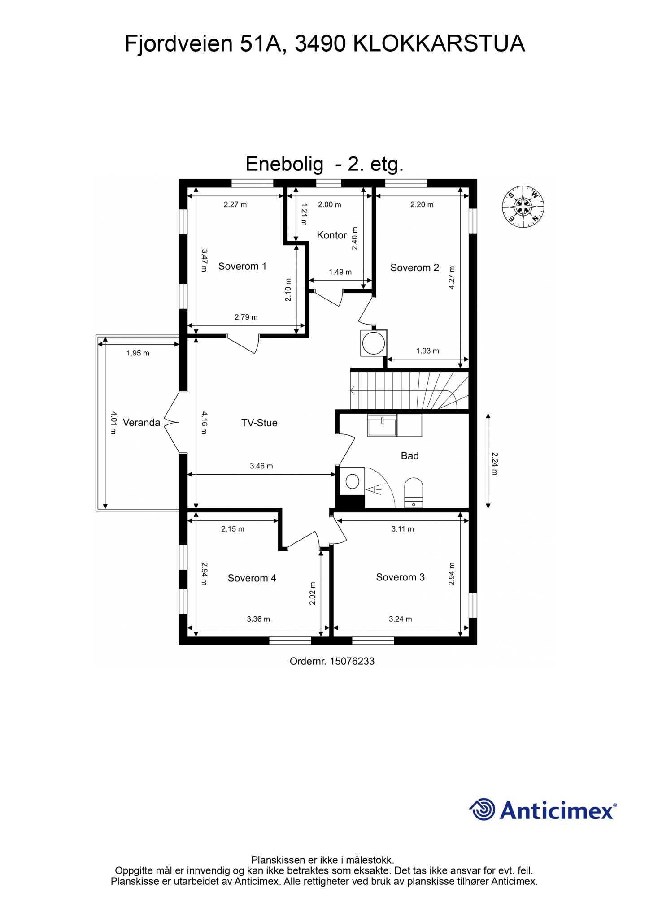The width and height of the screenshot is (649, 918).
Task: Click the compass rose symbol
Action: click(523, 207)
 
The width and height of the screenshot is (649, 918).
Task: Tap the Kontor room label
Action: click(332, 235)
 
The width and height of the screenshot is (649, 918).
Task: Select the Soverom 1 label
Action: click(242, 266)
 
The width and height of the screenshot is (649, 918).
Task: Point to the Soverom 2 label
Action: click(414, 268)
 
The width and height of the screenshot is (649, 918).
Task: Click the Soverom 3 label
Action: click(400, 577)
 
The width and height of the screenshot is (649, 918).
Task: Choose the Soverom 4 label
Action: click(252, 578)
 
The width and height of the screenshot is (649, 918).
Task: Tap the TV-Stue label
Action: click(259, 423)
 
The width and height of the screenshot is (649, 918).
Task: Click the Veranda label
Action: click(141, 422)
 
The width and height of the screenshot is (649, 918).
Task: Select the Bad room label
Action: click(409, 455)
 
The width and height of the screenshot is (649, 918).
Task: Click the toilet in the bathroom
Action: click(414, 493)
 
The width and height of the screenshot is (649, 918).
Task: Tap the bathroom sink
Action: click(382, 425)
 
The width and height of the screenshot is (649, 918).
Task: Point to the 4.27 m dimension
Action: click(452, 278)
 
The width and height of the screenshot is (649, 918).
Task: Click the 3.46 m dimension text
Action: click(261, 466)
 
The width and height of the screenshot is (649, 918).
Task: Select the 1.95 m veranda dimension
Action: click(138, 353)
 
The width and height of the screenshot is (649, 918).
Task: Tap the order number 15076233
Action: click(352, 661)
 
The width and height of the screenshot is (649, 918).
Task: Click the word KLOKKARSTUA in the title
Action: click(439, 43)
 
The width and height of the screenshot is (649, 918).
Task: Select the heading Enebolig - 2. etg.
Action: click(324, 164)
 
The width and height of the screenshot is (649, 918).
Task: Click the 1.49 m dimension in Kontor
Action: click(340, 272)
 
